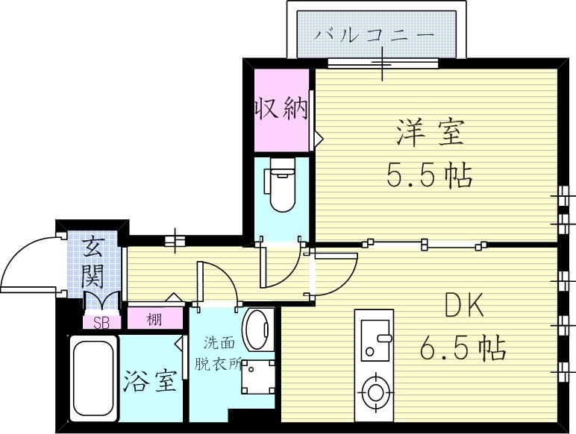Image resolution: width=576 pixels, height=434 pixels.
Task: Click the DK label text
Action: pos(465,306)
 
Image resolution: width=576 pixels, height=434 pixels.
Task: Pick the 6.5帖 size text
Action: pos(464,347)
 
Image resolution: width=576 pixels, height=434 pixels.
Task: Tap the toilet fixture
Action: pos(282,186)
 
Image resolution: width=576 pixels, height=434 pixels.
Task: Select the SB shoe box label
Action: pos(100,322)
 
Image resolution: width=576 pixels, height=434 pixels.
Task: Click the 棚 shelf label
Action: pos(154,321)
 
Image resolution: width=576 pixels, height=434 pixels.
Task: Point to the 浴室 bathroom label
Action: pos(150,382)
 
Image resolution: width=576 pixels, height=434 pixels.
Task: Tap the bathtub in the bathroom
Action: pos(93,380)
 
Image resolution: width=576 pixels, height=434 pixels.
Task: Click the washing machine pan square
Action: pos(259,377)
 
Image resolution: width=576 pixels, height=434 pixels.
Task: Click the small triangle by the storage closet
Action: pos(318,139)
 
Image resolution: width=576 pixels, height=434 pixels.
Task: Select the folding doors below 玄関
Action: pos(102,301)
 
